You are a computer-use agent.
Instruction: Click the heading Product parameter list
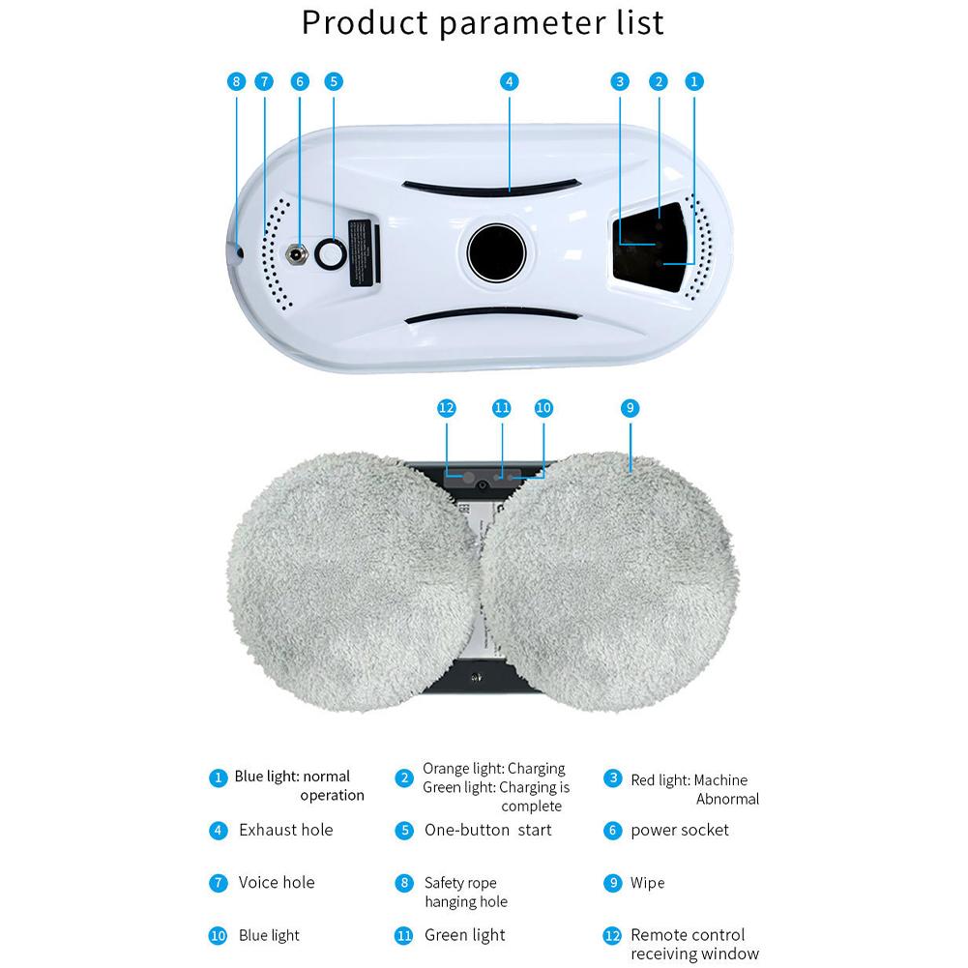click(483, 22)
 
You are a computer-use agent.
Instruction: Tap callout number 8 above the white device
click(237, 82)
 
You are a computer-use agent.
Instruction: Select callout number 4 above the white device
click(510, 82)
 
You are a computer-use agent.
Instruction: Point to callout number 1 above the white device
click(693, 82)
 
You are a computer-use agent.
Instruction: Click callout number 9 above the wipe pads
click(630, 408)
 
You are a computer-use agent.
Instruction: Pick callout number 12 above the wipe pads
click(446, 408)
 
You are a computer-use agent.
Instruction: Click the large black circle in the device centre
click(496, 253)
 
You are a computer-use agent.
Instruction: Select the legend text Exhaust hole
click(285, 830)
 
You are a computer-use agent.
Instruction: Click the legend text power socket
click(680, 830)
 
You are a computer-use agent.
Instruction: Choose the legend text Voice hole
click(277, 882)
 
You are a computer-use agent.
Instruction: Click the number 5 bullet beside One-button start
click(404, 830)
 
